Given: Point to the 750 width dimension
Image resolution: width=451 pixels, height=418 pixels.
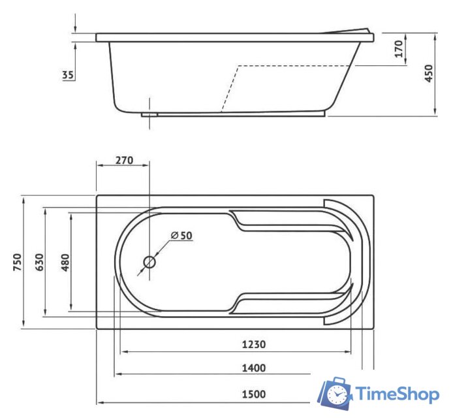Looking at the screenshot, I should (18, 262).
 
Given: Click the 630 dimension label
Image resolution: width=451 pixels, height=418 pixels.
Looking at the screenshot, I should (39, 262).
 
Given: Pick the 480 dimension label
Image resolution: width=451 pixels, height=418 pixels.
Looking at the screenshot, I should (65, 262).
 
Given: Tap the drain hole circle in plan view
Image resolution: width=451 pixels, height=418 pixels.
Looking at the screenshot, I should (149, 263).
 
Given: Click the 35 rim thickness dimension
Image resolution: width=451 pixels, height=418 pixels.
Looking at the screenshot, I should (67, 74).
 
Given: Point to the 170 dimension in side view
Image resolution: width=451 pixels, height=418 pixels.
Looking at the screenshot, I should (399, 49).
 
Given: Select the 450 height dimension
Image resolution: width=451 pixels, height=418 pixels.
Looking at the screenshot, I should (428, 74).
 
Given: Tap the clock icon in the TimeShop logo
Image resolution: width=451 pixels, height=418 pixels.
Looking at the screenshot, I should (337, 394).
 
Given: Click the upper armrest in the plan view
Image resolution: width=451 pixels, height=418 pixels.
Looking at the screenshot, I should (287, 220).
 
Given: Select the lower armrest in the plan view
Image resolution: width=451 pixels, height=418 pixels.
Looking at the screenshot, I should (287, 303).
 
